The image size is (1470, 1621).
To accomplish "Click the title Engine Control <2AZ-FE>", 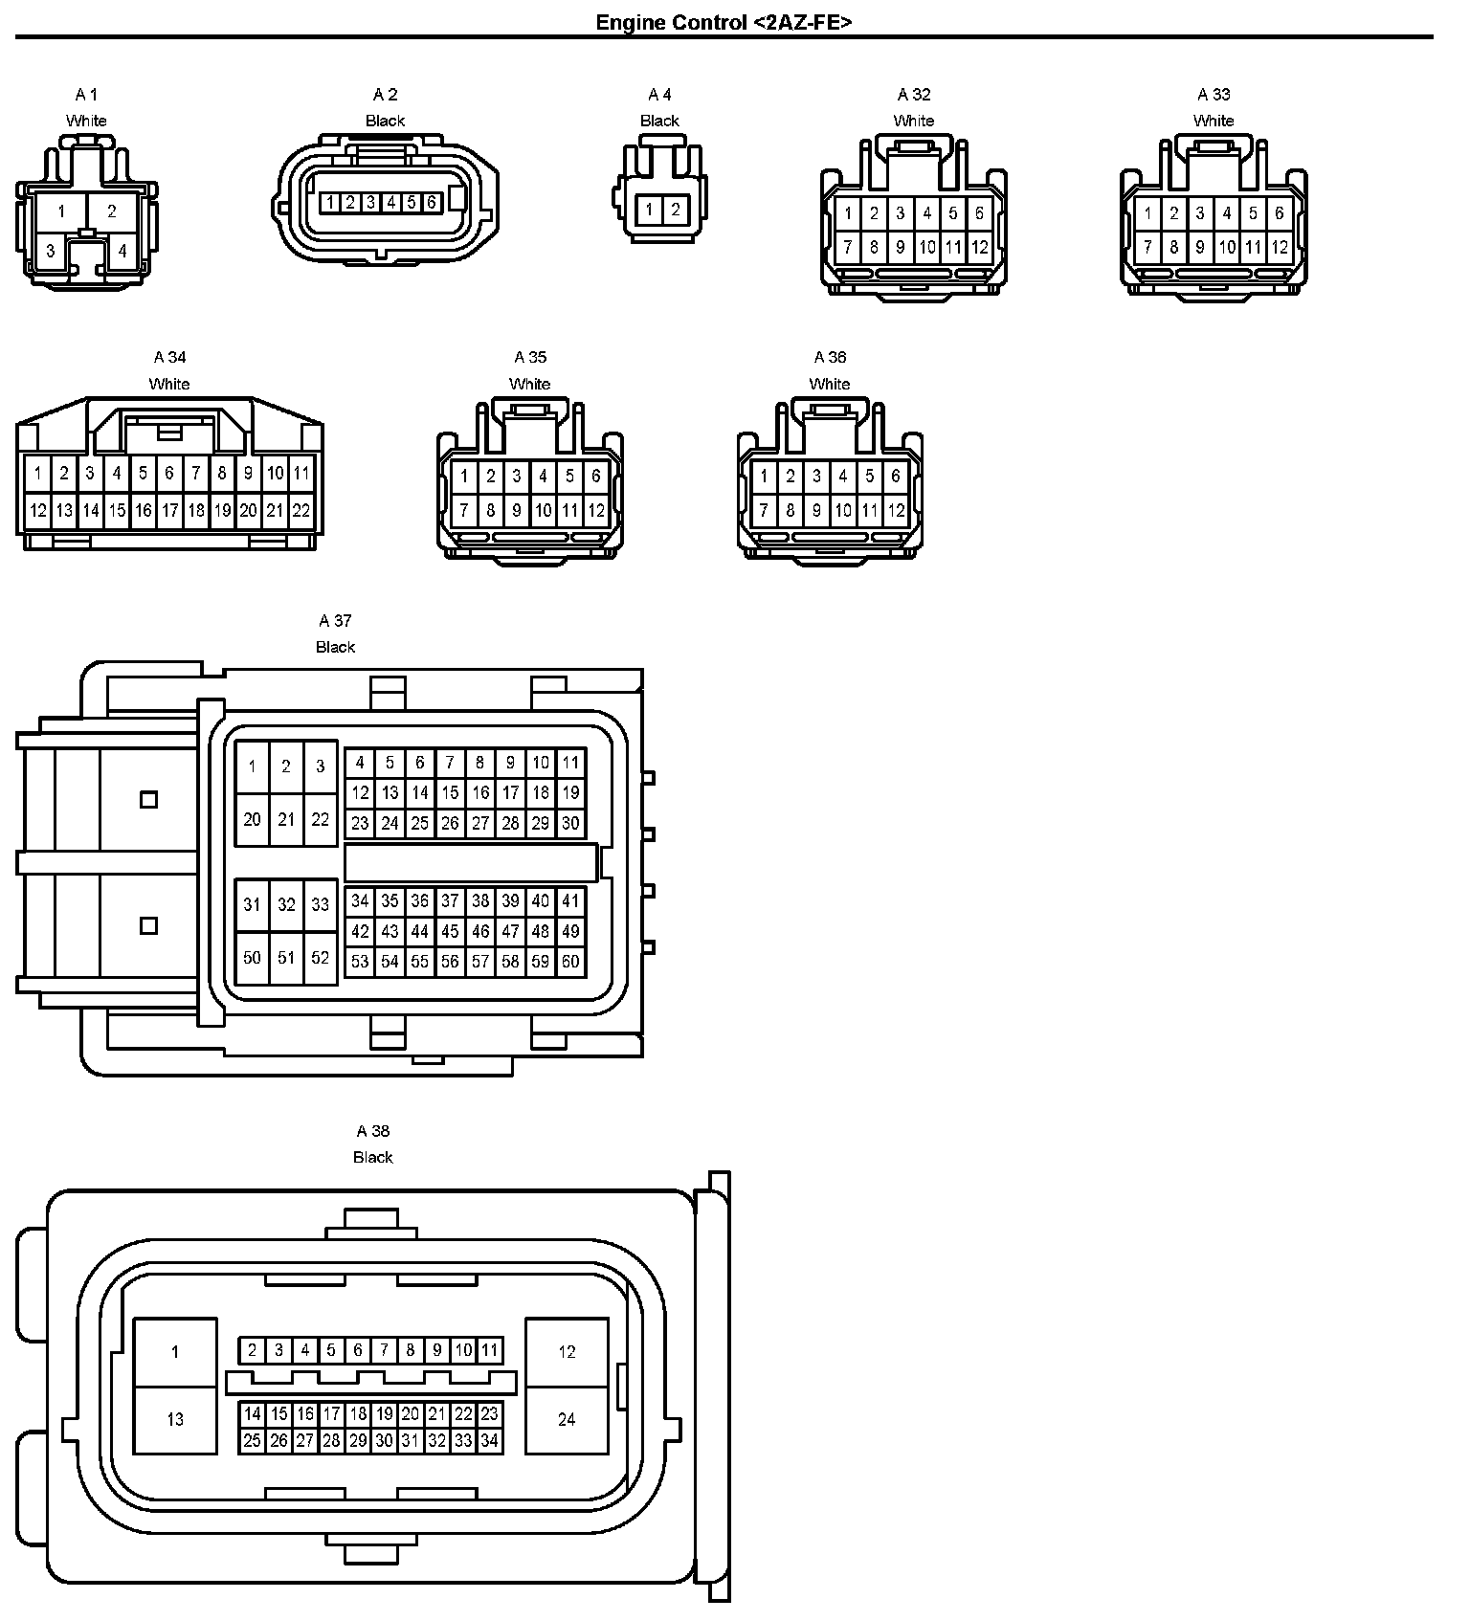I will pos(724,22).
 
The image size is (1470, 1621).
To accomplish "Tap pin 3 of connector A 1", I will pos(51,252).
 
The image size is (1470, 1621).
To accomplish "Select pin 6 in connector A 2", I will pos(432,203).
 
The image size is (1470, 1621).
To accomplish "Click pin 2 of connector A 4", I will pos(675,210).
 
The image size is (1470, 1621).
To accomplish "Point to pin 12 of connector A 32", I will pos(979,247).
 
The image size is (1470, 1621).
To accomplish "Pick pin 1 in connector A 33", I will pos(1147,214).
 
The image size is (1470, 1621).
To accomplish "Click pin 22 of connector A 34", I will pos(301,511).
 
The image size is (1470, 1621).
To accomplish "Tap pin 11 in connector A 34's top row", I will pos(301,473).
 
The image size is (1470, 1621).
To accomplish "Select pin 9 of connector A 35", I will pos(517,511).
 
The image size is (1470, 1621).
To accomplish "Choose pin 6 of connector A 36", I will pos(896,476).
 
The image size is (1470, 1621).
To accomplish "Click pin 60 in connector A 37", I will pos(570,962).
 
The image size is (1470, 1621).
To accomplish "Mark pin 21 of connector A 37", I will pos(286,819).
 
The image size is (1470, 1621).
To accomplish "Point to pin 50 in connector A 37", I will pos(252,957).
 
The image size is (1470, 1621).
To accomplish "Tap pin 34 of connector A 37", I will pos(360,900).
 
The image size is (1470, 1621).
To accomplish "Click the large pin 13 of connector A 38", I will pos(175,1419).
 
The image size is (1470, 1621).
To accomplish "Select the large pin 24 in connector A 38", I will pos(567,1419).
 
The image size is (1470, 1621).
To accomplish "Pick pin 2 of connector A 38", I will pos(253,1350).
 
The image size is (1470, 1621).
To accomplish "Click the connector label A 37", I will pos(335,621).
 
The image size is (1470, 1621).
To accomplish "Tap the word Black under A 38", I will pos(373,1157).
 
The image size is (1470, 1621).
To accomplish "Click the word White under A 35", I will pos(529,384).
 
